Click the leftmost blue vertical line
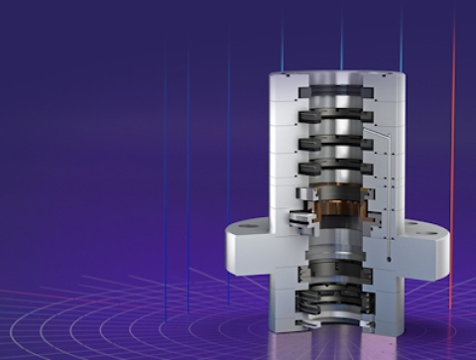pyautogui.click(x=165, y=179)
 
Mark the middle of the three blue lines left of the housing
pyautogui.click(x=187, y=179)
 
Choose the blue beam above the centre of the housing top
pyautogui.click(x=341, y=35)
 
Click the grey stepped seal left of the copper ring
pyautogui.click(x=297, y=214)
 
